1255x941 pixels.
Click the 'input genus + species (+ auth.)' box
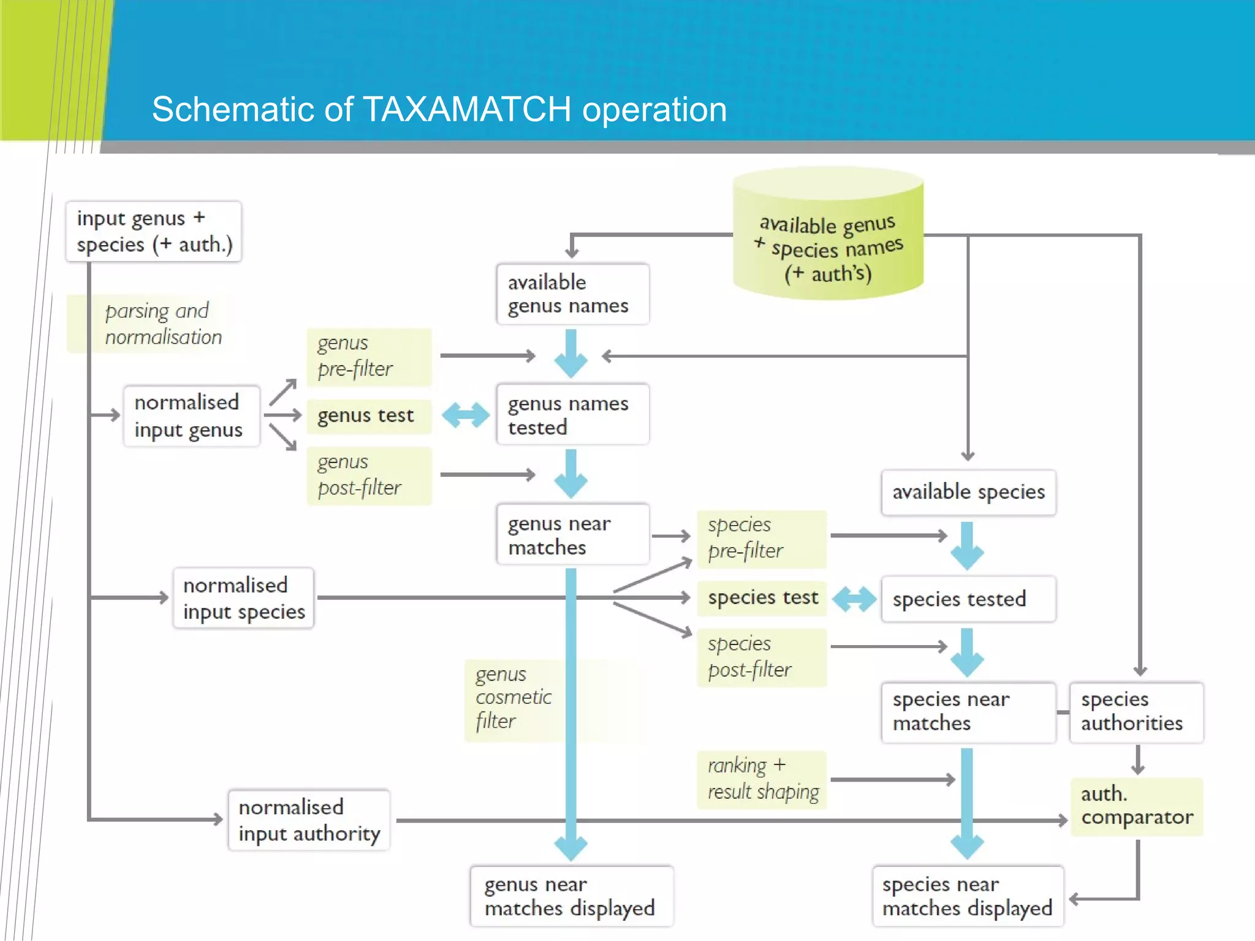pos(154,232)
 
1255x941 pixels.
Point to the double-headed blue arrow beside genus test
pos(465,415)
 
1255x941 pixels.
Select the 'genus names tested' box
pos(572,415)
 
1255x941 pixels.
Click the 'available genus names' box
pos(572,294)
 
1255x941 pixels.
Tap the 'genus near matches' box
pos(572,535)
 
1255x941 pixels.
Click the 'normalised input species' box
pos(243,599)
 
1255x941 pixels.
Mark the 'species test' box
pos(762,598)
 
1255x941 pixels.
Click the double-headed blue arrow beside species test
pos(854,599)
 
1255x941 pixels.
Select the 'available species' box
pos(968,493)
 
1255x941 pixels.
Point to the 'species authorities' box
pos(1136,712)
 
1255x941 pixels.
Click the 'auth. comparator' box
pos(1136,806)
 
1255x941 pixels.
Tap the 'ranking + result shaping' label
pos(762,779)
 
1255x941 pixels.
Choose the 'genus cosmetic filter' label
pos(514,698)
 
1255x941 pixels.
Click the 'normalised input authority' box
pos(309,820)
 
